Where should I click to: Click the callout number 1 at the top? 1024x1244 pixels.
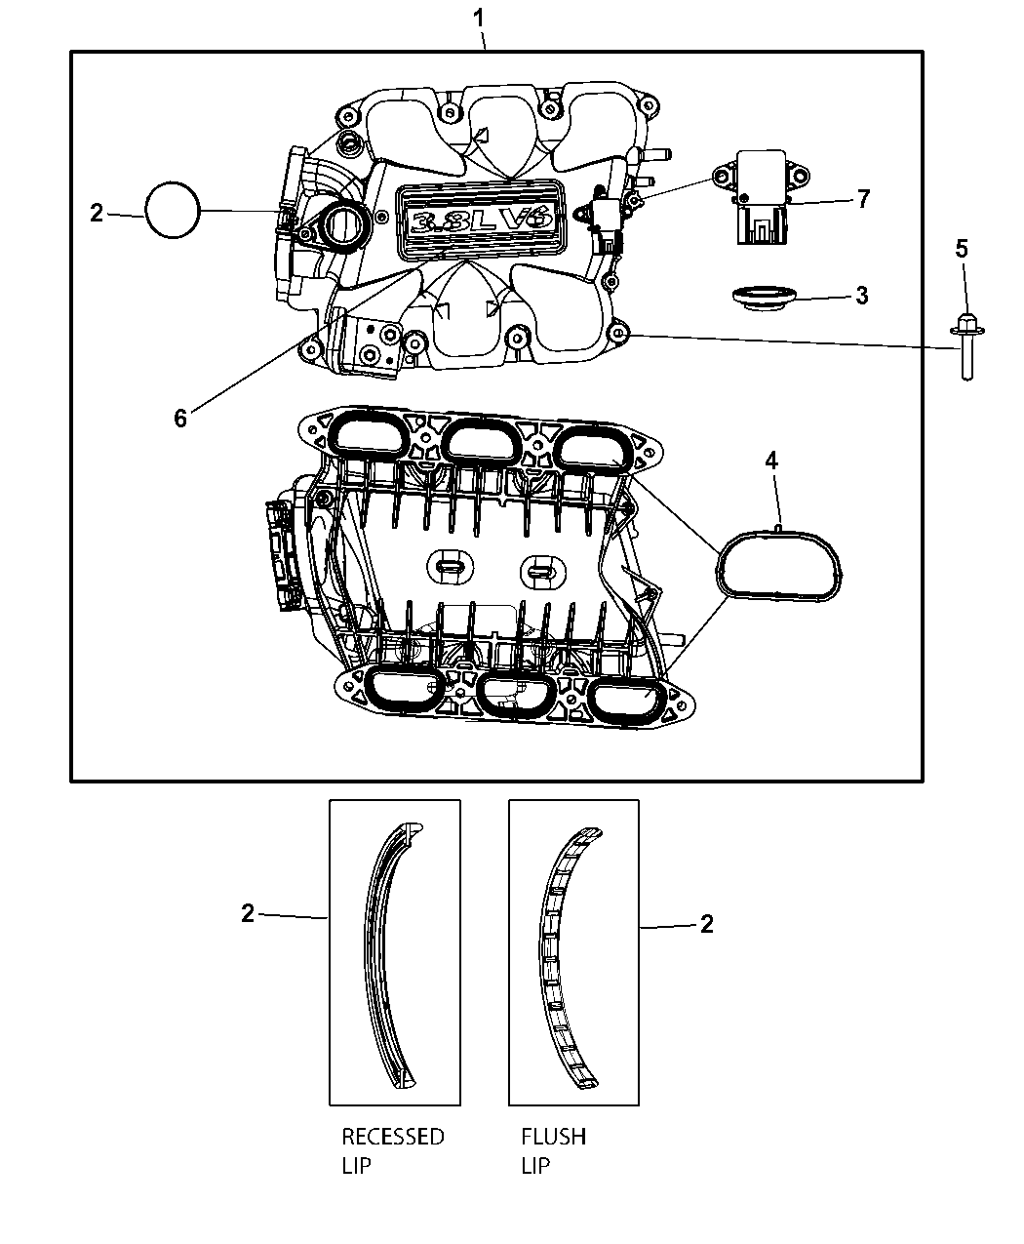(477, 18)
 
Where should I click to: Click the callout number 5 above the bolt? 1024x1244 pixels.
(961, 249)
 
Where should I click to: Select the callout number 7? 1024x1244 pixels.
(862, 200)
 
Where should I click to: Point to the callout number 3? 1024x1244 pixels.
(861, 295)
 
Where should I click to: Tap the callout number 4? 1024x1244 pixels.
(771, 461)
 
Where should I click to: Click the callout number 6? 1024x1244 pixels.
(180, 418)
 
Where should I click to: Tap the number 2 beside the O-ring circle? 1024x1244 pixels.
(96, 212)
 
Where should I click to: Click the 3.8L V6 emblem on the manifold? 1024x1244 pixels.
(480, 221)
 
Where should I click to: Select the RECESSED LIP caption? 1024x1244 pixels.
(392, 1150)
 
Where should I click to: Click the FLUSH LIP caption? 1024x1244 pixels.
(553, 1150)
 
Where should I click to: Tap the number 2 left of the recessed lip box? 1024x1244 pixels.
(248, 913)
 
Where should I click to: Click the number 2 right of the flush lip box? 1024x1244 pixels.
(706, 923)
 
